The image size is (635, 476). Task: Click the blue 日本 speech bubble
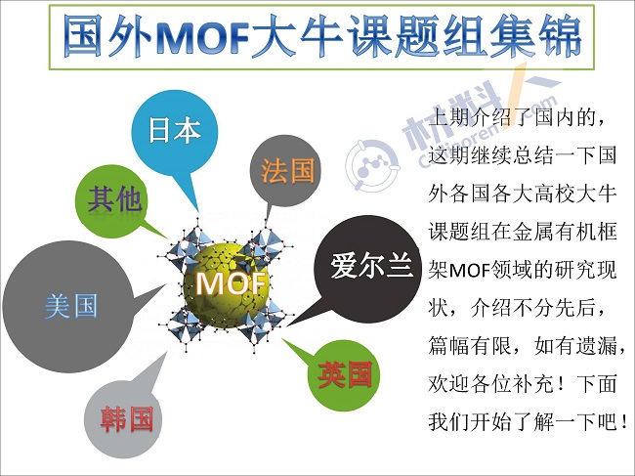pos(175,135)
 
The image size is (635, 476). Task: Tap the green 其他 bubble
pos(111,200)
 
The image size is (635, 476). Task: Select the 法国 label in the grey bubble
pos(287,170)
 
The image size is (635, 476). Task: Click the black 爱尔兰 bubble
pos(367,270)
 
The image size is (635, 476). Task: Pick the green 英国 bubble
pos(344,374)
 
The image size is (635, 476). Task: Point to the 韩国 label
pos(127,419)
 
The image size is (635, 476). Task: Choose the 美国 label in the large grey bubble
pos(71,306)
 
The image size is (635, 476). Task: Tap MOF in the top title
pos(201,37)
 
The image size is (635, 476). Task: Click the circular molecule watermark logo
pos(372,165)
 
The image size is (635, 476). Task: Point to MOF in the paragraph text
pos(470,270)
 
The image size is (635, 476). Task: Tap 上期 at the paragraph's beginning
pos(449,118)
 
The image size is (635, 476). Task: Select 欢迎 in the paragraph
pos(449,384)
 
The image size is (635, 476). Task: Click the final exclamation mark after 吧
pos(624,422)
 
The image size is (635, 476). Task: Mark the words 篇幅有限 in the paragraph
pos(470,346)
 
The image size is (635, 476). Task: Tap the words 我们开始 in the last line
pos(470,422)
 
